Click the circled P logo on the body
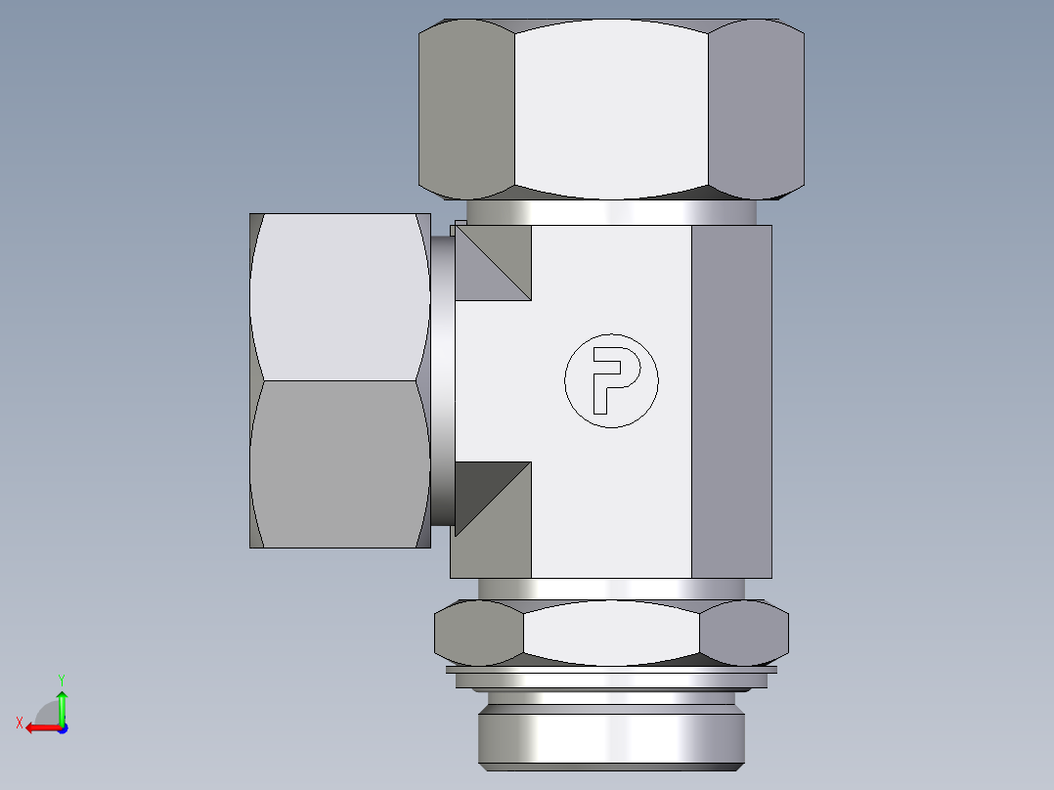coord(611,380)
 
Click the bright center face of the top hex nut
coord(611,108)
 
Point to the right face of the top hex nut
coord(756,108)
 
